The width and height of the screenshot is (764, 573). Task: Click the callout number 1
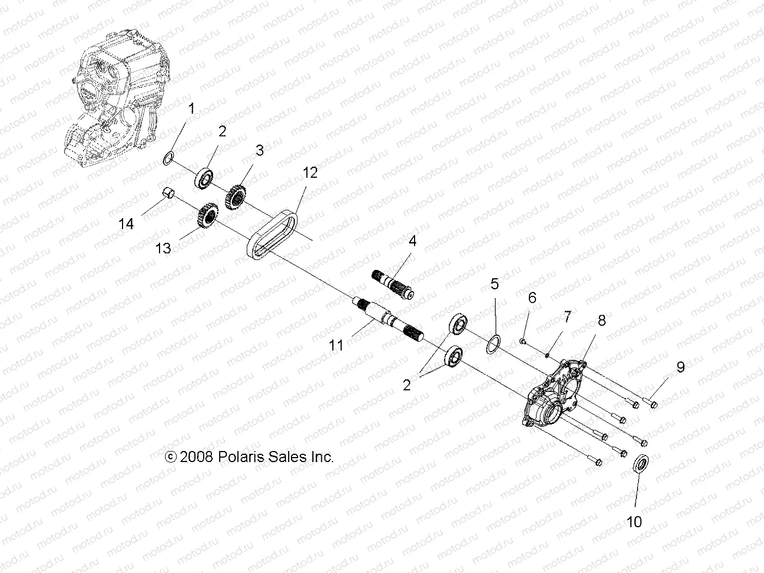coord(192,108)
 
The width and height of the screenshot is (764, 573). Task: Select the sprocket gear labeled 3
coord(236,196)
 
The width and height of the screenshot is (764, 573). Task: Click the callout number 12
coord(310,173)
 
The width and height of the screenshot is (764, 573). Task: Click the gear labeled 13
coord(207,215)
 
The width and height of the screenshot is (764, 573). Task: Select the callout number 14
coord(126,224)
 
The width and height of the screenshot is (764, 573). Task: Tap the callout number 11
coord(336,346)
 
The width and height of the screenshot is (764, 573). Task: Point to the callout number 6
coord(532,298)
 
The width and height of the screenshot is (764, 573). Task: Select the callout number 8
coord(601,320)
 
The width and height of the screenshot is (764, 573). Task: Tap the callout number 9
coord(680,367)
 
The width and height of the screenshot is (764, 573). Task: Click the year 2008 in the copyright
coord(197,457)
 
